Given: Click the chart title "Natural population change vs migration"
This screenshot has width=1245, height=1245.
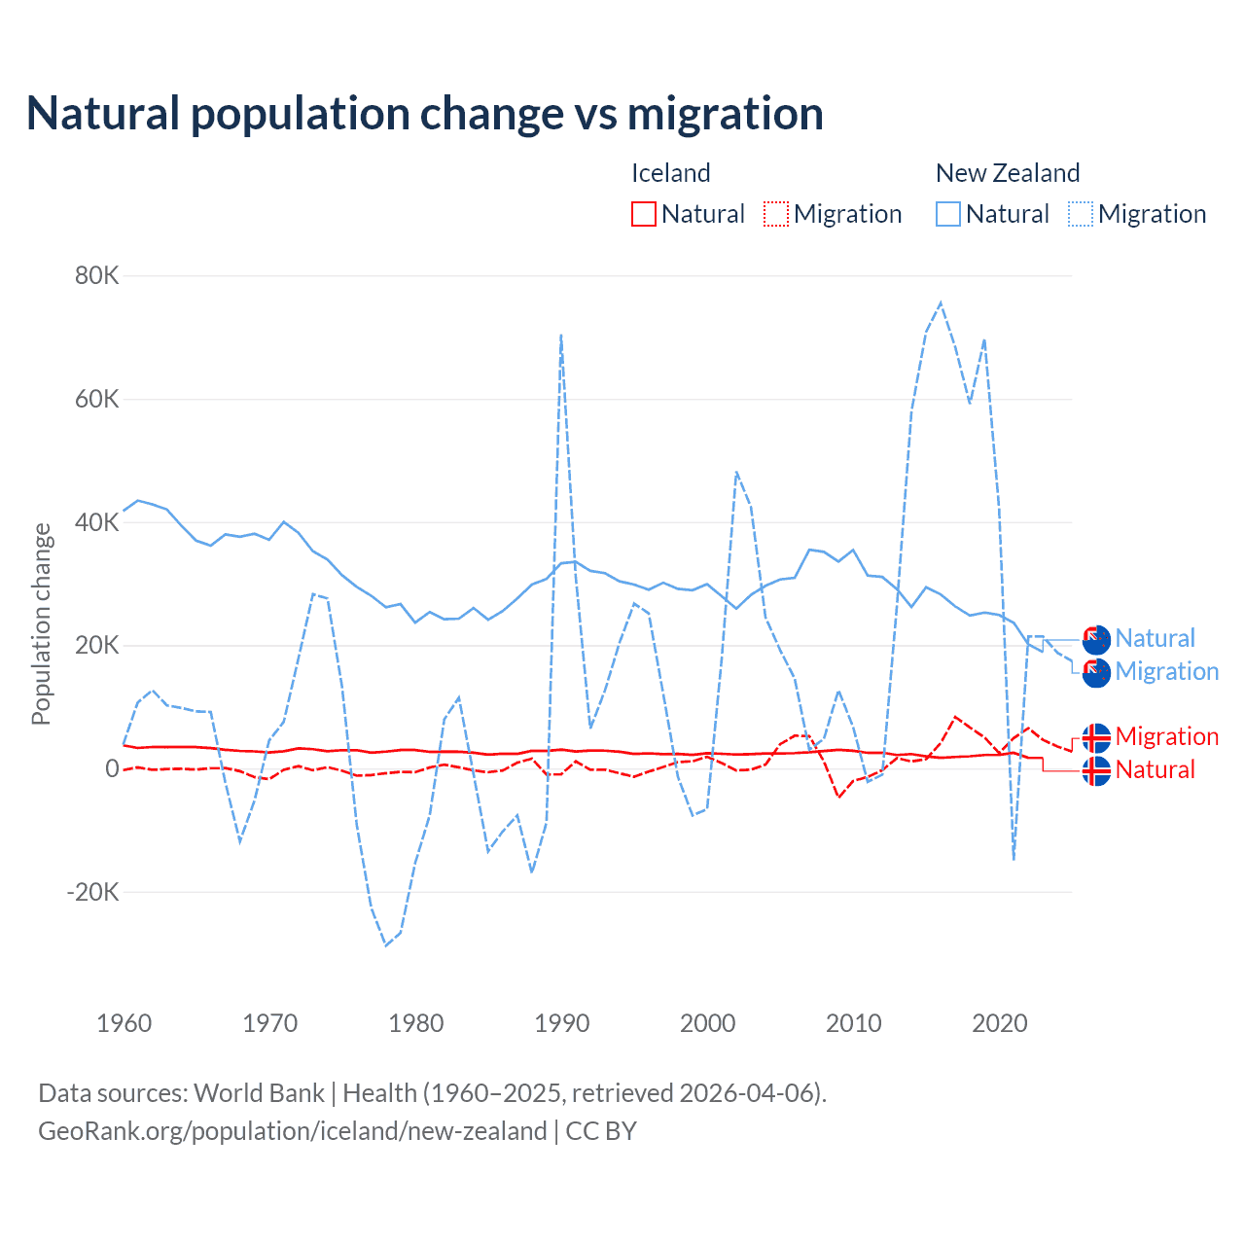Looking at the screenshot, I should click(425, 114).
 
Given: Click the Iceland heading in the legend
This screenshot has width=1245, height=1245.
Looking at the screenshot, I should click(671, 173).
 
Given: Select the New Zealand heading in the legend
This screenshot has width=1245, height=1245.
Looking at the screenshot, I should click(1008, 173).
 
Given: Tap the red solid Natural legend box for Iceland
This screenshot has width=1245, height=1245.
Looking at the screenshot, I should click(644, 214).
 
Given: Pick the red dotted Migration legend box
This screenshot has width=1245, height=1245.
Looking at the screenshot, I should click(776, 214).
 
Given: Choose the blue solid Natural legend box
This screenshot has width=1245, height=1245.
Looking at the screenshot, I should click(948, 214).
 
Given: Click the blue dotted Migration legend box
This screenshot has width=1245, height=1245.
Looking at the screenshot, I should click(1081, 214).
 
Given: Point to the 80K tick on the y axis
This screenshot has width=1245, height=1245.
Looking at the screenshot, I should click(97, 276).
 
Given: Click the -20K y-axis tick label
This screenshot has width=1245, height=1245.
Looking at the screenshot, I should click(92, 892).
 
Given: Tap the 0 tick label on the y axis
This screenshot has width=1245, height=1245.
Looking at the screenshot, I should click(112, 768).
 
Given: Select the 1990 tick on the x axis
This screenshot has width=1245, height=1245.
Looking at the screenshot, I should click(562, 1023).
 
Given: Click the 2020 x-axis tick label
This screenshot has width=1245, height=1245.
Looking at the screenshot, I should click(1000, 1023).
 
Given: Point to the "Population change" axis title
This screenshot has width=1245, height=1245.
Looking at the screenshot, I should click(41, 623).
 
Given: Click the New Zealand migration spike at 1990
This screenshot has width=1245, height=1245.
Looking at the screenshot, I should click(561, 335).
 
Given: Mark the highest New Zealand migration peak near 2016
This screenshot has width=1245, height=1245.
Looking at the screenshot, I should click(941, 302).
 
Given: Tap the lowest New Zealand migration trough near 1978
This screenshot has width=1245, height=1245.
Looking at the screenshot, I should click(386, 945).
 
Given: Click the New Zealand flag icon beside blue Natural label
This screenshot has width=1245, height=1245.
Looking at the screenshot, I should click(1096, 639).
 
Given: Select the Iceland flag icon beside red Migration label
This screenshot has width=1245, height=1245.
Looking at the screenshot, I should click(1096, 737).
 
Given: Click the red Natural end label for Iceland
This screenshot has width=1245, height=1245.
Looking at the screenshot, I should click(1155, 770).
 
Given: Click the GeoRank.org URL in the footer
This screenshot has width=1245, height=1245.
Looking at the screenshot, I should click(292, 1131).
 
